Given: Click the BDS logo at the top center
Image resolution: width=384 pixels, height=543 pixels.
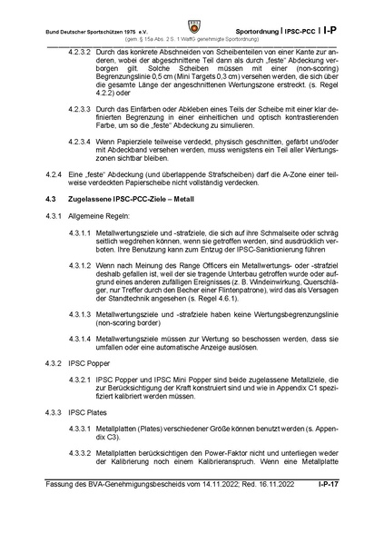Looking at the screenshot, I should click(x=192, y=17).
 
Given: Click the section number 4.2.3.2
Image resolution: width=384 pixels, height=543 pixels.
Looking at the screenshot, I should click(x=84, y=54).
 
